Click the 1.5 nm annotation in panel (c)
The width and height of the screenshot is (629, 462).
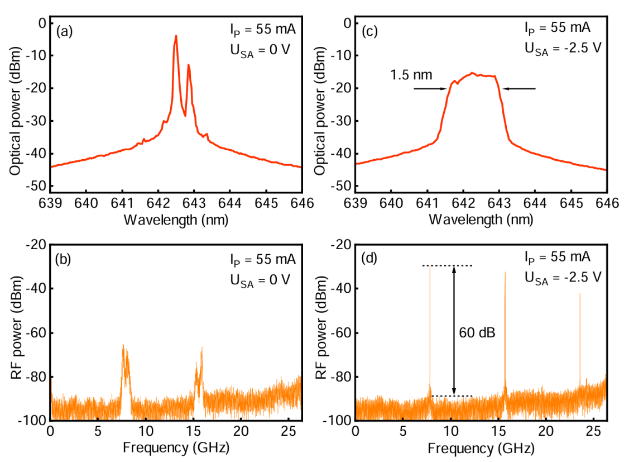[x=410, y=74]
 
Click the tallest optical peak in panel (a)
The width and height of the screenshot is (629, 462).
[x=176, y=37]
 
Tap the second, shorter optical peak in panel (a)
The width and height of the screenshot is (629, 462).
[x=189, y=66]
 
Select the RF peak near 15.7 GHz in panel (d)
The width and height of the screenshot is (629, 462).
[x=505, y=274]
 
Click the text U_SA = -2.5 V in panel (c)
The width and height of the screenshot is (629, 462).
[x=563, y=47]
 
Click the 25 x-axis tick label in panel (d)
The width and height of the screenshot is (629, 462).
[x=593, y=432]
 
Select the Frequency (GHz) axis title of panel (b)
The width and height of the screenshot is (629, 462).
[x=176, y=448]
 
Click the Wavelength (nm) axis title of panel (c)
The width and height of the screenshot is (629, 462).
[x=481, y=219]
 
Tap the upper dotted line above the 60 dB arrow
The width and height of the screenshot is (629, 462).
[x=447, y=266]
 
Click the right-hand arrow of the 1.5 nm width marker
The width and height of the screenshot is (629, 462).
[x=519, y=88]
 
